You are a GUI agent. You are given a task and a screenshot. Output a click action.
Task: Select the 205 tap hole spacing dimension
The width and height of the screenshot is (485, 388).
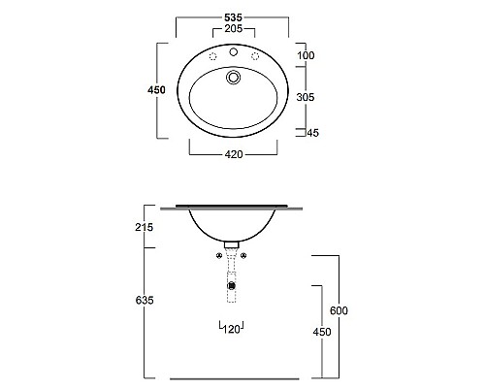coord(233,30)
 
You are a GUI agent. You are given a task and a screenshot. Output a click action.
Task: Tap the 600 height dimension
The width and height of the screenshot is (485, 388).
coord(339,310)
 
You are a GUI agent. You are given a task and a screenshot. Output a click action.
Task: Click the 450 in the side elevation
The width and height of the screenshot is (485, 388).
coord(322,332)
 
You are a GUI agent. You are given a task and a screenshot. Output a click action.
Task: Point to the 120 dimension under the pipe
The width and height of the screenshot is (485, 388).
coord(233,329)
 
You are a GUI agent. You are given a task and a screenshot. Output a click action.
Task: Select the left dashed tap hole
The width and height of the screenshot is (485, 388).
coord(208,56)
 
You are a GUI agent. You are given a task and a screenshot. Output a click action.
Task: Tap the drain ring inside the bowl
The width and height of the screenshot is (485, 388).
coord(233,78)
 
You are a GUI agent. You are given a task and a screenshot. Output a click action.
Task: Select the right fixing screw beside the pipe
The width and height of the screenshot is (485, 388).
coord(244,256)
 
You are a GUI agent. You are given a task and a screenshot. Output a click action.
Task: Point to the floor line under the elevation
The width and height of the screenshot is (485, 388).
coord(233,378)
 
